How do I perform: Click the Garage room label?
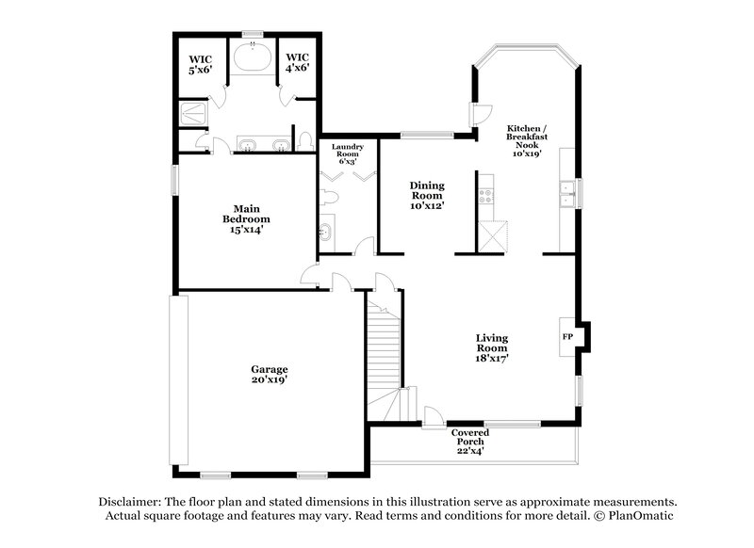point(270,374)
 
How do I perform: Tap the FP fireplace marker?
point(567,336)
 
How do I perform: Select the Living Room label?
point(492,347)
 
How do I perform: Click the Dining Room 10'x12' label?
point(426,195)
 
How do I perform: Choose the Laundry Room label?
point(347,153)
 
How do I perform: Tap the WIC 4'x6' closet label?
point(298,62)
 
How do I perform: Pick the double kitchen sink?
point(568,193)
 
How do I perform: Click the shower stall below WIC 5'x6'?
point(194,115)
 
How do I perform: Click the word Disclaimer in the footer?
point(130,503)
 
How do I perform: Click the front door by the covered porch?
point(432,418)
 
